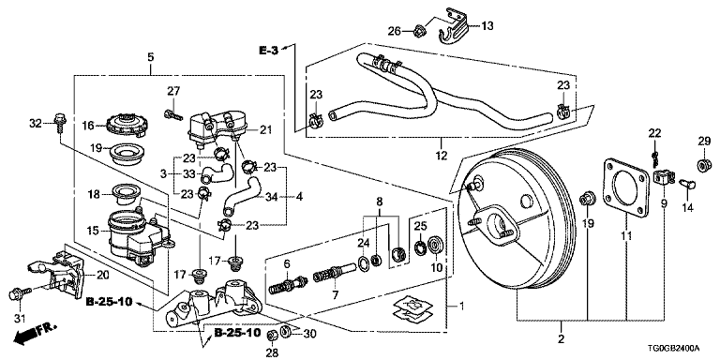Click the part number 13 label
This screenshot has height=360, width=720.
[487, 25]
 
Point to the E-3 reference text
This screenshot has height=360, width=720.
[269, 51]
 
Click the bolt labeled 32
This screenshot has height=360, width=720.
[60, 122]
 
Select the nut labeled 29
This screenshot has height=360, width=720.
[704, 164]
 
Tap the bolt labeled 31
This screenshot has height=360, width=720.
[20, 292]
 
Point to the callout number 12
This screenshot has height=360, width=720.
[441, 157]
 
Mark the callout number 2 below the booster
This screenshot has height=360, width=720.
[562, 339]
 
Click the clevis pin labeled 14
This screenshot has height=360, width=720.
[687, 186]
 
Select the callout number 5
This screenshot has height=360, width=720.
[151, 57]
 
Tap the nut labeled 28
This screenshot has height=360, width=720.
[271, 334]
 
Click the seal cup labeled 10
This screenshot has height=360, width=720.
[434, 245]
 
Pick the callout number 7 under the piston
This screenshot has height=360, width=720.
[335, 294]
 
